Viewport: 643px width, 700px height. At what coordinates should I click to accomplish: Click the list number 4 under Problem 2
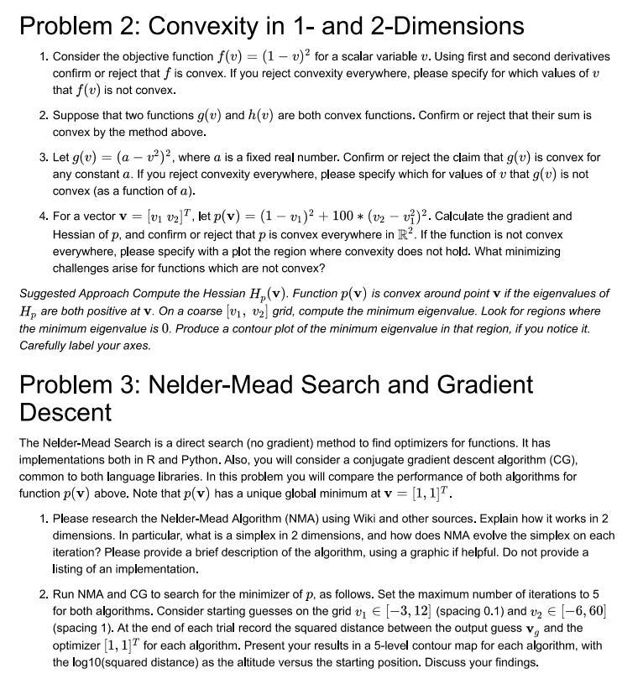click(x=43, y=217)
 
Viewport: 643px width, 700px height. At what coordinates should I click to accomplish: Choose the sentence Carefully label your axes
click(x=85, y=346)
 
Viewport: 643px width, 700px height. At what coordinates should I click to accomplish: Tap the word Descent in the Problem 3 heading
click(x=65, y=412)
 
